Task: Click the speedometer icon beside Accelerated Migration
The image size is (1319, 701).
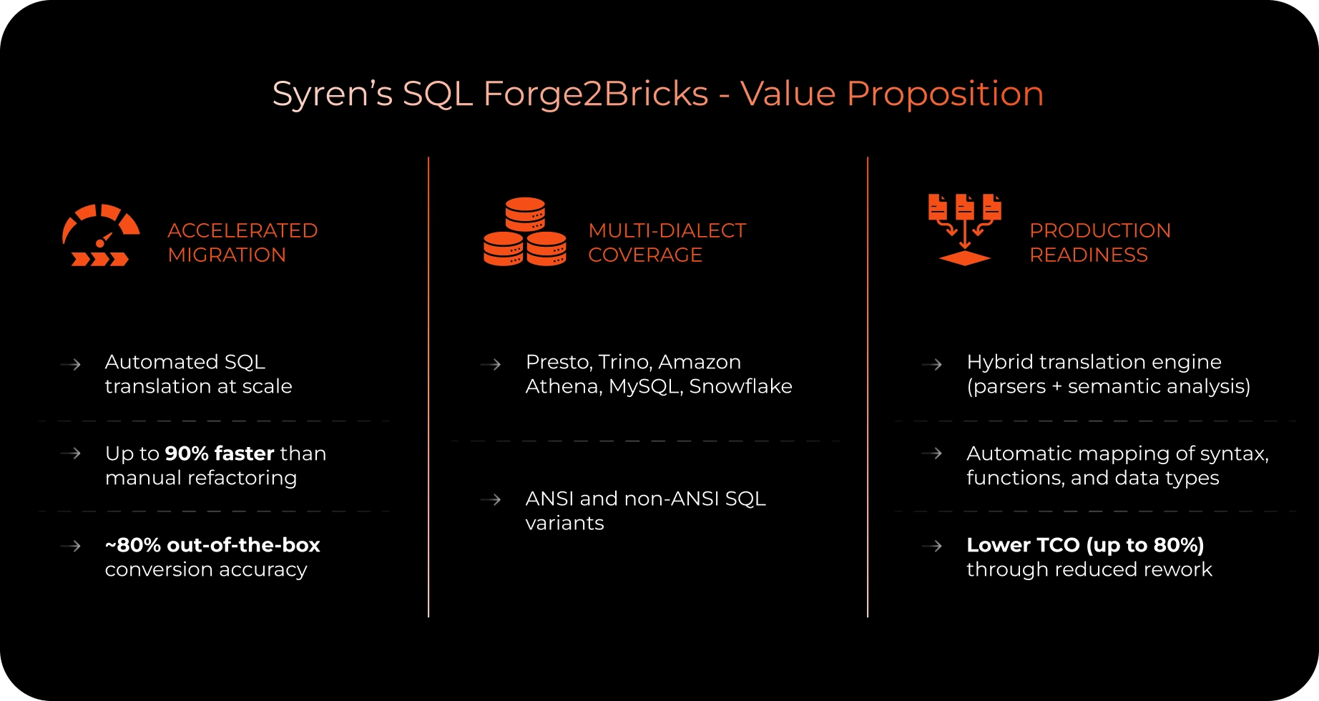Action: point(101,235)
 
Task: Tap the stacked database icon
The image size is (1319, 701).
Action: point(525,232)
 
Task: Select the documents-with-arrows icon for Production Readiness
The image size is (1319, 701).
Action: point(964,230)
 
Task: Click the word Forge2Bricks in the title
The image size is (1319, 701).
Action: point(596,94)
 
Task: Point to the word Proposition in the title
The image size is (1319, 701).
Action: point(945,94)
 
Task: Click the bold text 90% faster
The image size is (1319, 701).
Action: point(220,454)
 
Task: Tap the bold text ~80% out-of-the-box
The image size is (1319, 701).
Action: point(212,545)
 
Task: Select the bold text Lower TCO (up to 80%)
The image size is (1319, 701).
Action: point(1085,545)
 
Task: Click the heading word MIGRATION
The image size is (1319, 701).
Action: point(227,255)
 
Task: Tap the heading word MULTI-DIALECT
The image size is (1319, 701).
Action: point(667,230)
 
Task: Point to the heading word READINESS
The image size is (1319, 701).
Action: point(1089,255)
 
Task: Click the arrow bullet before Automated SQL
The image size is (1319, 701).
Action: point(70,364)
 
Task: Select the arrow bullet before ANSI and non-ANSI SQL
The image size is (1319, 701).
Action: point(491,499)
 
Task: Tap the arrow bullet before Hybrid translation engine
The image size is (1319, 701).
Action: point(931,364)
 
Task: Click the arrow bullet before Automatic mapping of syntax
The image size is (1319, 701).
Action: point(931,453)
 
